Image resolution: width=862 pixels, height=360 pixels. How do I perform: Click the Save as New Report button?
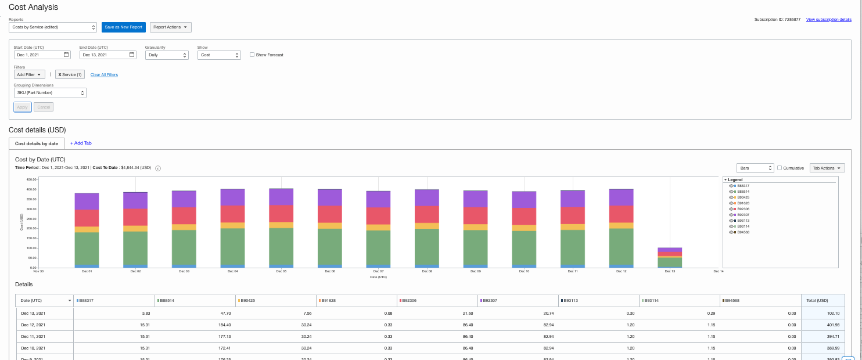click(123, 27)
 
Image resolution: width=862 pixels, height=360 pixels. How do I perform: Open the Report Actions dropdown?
click(170, 27)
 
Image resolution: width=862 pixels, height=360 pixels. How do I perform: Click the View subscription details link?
click(828, 20)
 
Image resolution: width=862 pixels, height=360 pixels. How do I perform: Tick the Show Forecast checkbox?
click(252, 55)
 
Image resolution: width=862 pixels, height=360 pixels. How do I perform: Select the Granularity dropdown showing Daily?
click(167, 55)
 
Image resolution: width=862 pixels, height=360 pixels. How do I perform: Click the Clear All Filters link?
click(104, 75)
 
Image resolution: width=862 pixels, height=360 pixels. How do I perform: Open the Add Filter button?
click(30, 75)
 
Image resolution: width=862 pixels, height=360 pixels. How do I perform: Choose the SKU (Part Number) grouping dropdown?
click(50, 93)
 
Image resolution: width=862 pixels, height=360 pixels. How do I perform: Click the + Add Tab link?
click(81, 143)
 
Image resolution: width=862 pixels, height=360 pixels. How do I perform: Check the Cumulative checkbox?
click(780, 168)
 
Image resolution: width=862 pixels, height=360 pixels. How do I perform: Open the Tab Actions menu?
click(827, 168)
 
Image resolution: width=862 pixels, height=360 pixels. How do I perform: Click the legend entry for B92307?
click(743, 215)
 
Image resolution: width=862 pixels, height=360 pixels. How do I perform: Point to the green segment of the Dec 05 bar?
click(281, 246)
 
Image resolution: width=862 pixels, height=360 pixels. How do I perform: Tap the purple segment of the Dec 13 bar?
click(670, 250)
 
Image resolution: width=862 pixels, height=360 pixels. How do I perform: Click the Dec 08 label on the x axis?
click(427, 271)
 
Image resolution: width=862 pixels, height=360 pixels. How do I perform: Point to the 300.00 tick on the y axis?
click(31, 209)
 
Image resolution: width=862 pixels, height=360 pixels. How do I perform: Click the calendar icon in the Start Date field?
click(66, 55)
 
